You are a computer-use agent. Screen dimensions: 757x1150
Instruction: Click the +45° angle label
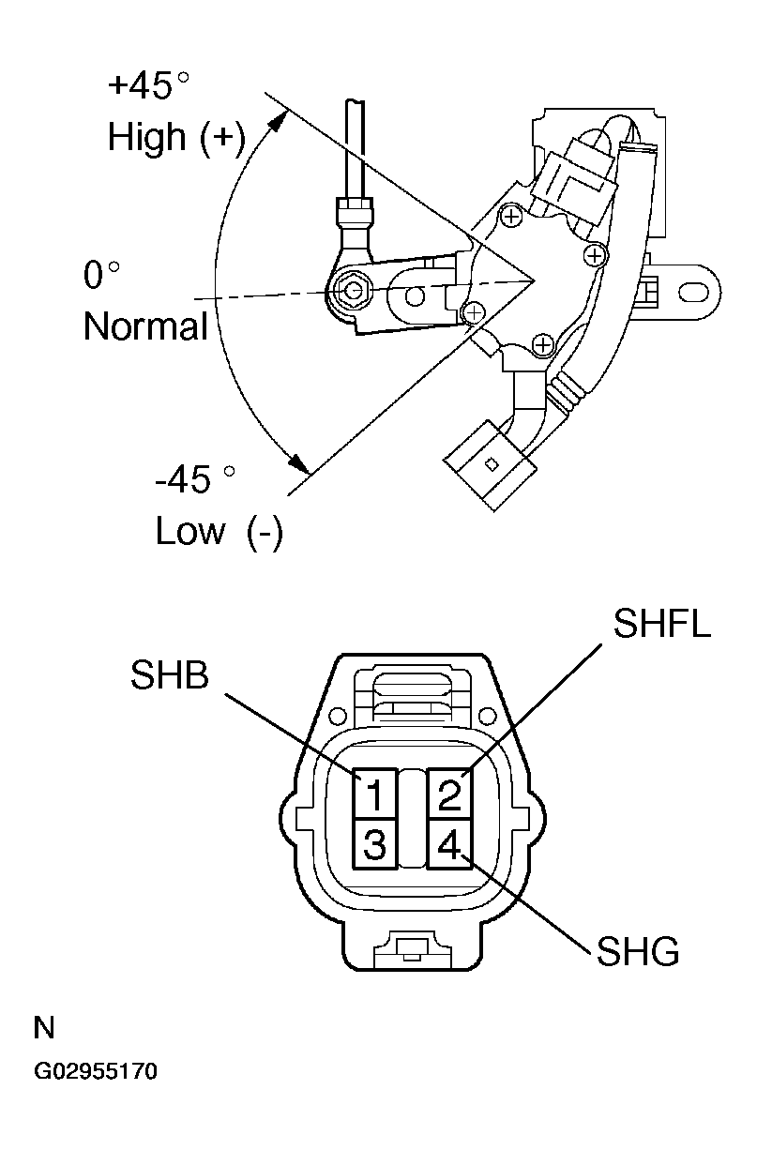coord(148,84)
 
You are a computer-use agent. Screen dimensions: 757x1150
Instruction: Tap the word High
coord(147,137)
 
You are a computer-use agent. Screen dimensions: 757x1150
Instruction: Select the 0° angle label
coord(101,275)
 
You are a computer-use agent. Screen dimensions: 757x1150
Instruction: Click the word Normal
coord(145,326)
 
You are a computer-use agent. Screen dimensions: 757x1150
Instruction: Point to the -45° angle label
coord(195,479)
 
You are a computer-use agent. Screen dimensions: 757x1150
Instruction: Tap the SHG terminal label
coord(638,951)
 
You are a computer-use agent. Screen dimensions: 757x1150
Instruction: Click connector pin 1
coord(374,794)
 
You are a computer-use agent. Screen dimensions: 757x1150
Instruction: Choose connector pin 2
coord(449,794)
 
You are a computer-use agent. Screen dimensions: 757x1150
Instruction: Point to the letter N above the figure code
coord(44,1028)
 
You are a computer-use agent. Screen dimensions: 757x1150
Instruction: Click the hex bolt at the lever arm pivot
coord(352,291)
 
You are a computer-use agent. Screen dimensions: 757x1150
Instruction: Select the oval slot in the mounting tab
coord(693,292)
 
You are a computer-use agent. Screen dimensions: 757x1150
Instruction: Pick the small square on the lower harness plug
coord(492,464)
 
